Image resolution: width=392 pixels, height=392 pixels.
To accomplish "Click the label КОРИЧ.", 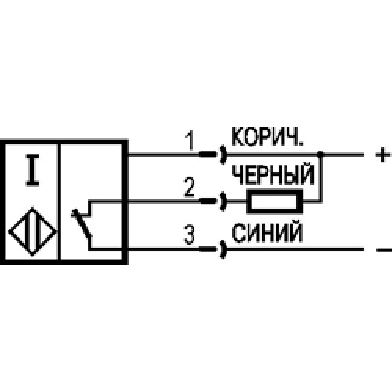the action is click(x=267, y=137).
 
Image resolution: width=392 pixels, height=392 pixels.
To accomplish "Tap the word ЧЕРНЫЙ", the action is click(x=273, y=175).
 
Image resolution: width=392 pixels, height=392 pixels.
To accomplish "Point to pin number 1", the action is click(x=190, y=140).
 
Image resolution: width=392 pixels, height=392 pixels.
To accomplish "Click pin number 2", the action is click(x=190, y=187).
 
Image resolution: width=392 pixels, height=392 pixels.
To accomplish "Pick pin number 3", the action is click(x=190, y=234).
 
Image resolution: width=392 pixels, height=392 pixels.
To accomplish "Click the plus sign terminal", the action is click(x=383, y=154).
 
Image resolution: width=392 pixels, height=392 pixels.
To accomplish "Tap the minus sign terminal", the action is click(x=383, y=250).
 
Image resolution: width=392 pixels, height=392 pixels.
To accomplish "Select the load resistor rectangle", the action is click(x=274, y=201).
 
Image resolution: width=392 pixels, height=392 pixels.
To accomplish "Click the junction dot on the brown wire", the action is click(x=320, y=154).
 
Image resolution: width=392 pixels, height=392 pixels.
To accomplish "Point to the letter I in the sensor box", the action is click(x=32, y=170).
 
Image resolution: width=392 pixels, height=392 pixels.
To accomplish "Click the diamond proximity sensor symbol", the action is click(x=33, y=231).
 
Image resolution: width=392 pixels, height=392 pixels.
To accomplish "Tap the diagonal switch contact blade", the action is click(x=82, y=223).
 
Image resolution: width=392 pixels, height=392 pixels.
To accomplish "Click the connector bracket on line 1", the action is click(x=223, y=154).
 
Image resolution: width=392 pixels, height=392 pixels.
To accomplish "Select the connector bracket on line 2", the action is click(x=223, y=201).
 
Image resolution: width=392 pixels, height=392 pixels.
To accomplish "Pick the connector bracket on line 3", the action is click(x=223, y=249).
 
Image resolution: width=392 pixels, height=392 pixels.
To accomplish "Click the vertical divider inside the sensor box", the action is click(x=60, y=202).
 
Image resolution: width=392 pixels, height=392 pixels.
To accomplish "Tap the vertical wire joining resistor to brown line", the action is click(x=321, y=178).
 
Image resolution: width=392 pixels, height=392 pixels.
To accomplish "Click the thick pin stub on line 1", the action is click(x=209, y=154).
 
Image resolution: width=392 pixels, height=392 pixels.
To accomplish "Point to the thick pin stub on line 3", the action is click(x=209, y=249).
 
